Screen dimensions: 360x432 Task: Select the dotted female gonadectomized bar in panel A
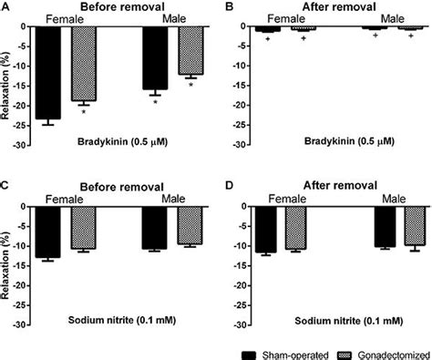(84, 63)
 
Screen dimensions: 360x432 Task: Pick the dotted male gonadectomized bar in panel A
(190, 50)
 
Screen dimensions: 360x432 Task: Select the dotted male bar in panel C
(190, 226)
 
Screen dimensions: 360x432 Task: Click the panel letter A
(5, 6)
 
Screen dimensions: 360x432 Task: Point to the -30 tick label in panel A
(22, 144)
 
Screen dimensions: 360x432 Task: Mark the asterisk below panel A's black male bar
(156, 102)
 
